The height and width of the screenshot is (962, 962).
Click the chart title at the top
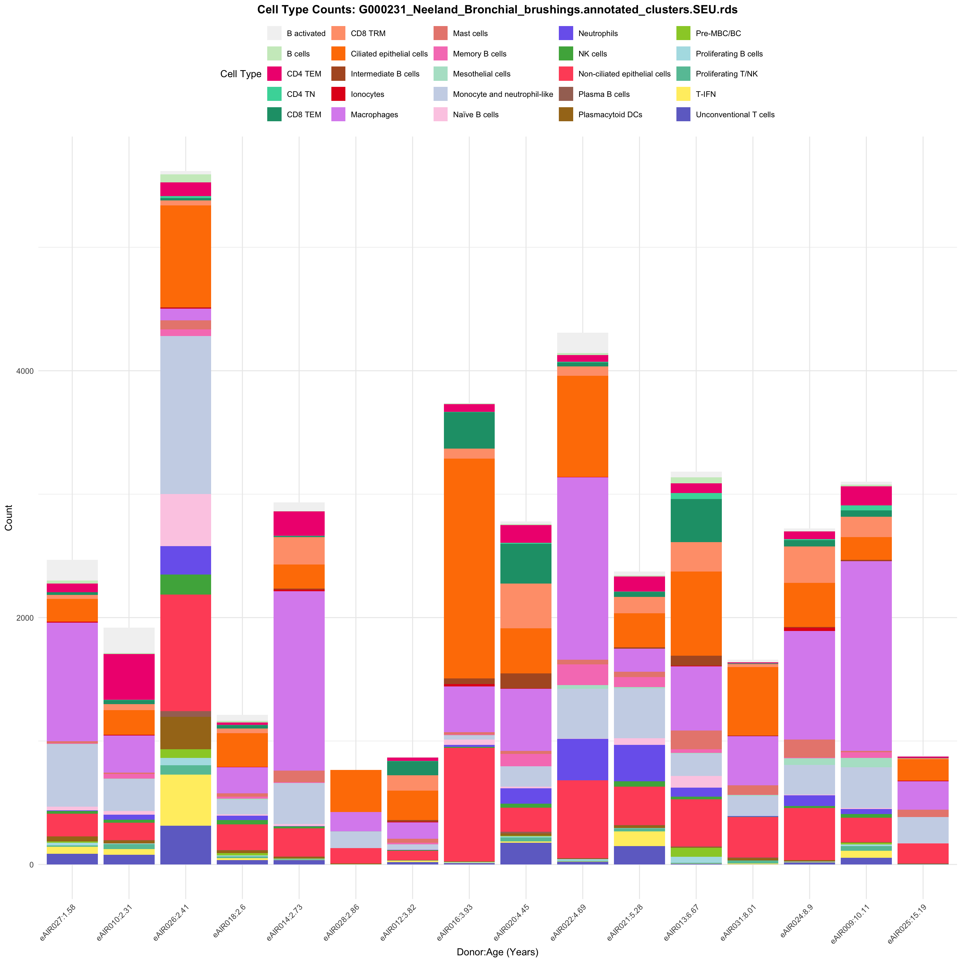[x=497, y=10]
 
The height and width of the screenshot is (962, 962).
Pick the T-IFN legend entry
[x=705, y=94]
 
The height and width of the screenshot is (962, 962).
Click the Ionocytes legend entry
[x=367, y=94]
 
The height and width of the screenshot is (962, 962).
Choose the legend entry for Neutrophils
[x=598, y=33]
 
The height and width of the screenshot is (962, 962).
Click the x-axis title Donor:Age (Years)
[x=497, y=952]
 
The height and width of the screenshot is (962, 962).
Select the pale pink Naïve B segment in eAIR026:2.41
[x=186, y=520]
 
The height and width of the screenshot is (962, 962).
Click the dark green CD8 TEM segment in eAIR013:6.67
[x=696, y=520]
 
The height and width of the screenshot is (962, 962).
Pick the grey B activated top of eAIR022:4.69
[x=583, y=343]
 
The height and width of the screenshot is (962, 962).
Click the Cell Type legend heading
[x=240, y=74]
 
